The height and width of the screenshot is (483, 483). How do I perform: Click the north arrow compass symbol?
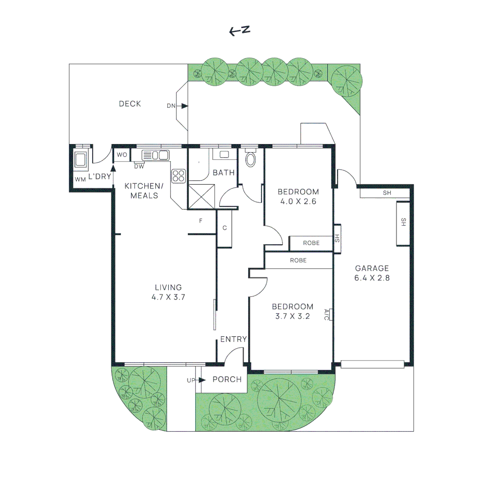239,30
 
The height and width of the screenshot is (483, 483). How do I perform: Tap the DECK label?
130,104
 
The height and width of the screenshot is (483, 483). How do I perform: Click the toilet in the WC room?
250,159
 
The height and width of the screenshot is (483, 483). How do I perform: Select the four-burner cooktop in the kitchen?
178,175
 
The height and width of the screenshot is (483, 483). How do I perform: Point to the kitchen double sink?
155,155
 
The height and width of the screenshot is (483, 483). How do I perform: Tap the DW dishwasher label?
139,166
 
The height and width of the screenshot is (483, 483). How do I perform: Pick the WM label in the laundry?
80,179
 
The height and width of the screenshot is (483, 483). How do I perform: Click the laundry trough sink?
81,160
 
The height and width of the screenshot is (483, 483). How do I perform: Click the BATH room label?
224,173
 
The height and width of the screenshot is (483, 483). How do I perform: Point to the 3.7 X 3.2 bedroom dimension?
293,316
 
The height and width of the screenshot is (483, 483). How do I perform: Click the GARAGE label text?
372,268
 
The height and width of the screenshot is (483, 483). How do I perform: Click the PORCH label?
227,380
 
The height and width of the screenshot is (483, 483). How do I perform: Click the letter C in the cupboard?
225,228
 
